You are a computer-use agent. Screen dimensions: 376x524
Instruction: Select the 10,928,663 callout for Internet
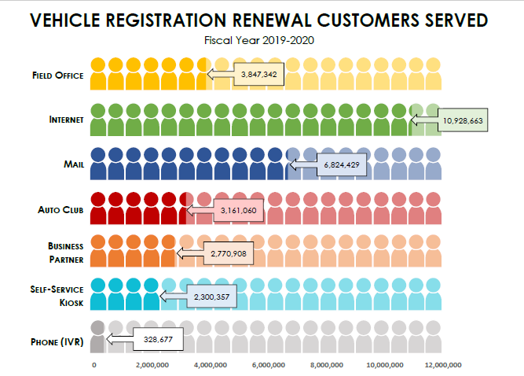463,120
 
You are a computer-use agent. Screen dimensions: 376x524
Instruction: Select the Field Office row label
57,76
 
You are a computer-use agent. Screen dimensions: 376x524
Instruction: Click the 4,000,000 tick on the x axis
211,365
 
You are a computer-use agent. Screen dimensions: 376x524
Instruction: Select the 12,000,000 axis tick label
443,365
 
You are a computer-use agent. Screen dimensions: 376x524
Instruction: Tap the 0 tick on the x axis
94,365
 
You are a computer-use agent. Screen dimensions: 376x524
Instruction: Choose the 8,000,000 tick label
327,365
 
